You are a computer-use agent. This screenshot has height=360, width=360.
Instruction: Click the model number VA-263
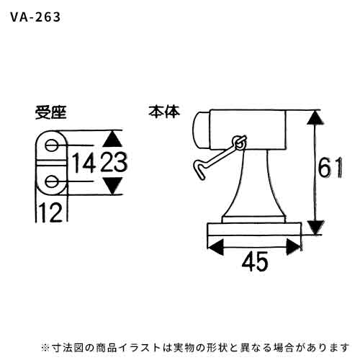[35, 17]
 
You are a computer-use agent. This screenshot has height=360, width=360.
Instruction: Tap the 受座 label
[50, 112]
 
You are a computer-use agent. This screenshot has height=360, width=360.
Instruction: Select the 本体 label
[164, 112]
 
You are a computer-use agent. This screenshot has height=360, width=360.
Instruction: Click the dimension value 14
[84, 163]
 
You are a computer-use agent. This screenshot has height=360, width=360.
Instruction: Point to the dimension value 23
[114, 162]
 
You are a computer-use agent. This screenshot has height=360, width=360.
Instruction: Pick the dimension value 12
[50, 212]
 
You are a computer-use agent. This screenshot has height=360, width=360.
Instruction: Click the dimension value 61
[330, 168]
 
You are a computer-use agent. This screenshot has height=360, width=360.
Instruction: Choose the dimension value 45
[255, 261]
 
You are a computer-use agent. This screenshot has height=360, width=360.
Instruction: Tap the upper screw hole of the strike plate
[51, 145]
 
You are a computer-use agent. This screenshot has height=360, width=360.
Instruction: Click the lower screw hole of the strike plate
[51, 181]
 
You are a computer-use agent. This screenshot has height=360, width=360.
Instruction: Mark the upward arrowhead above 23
[112, 139]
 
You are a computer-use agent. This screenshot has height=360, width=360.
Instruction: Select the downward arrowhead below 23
[113, 186]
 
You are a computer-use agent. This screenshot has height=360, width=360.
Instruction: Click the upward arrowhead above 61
[315, 118]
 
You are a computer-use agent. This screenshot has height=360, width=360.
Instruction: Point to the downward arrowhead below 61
[315, 227]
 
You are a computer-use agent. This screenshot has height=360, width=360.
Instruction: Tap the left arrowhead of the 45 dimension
[215, 247]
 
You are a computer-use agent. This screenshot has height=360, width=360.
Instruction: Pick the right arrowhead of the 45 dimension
[293, 247]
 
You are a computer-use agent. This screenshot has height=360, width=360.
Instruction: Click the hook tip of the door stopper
[197, 168]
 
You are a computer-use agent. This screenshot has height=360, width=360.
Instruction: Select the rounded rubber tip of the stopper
[201, 130]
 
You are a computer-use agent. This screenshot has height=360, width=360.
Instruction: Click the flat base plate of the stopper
[254, 230]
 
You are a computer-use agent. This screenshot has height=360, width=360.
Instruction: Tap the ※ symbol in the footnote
[45, 348]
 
